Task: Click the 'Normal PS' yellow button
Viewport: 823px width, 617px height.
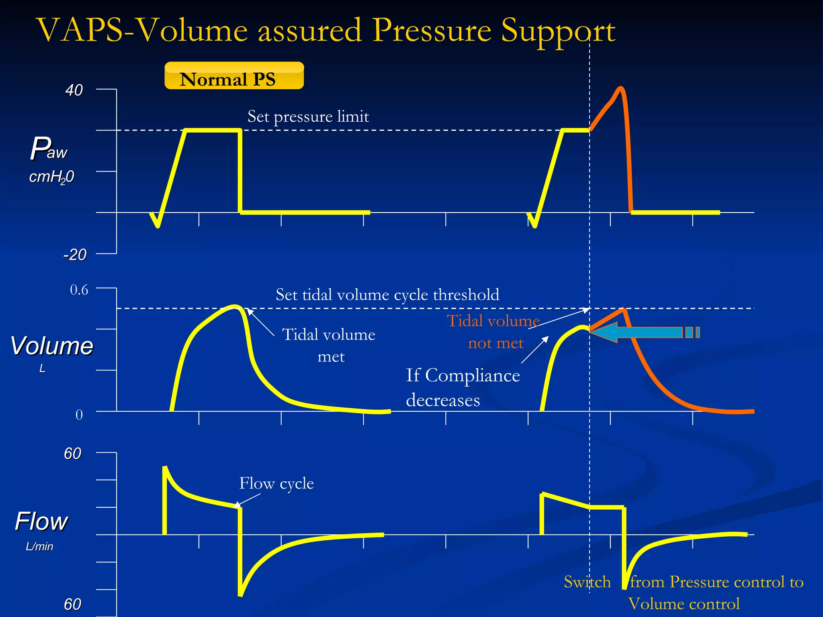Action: coord(234,76)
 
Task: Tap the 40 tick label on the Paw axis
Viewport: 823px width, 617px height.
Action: coord(74,90)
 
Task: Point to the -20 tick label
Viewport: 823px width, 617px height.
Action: coord(75,255)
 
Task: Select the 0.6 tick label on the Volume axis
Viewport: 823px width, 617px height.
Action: coord(79,290)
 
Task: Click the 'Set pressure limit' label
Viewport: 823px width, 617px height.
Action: coord(308,116)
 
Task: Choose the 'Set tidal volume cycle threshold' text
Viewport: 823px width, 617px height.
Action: coord(387,295)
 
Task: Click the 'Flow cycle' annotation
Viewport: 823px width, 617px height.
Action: coord(276,483)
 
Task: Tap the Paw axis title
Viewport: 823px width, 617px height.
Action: coord(49,148)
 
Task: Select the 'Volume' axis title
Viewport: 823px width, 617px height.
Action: coord(51,346)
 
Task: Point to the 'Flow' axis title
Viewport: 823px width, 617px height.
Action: coord(41,521)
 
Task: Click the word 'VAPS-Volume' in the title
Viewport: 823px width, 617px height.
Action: coord(142,31)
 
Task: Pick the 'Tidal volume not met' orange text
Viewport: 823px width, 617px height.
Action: coord(494,332)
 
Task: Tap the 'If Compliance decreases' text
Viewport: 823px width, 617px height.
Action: coord(463,387)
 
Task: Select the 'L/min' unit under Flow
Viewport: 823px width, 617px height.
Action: coord(39,546)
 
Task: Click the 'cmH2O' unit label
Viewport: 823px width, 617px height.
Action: coord(51,177)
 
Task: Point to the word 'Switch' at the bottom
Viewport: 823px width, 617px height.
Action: coord(587,582)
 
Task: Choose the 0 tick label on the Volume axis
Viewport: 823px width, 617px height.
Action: coord(79,415)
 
